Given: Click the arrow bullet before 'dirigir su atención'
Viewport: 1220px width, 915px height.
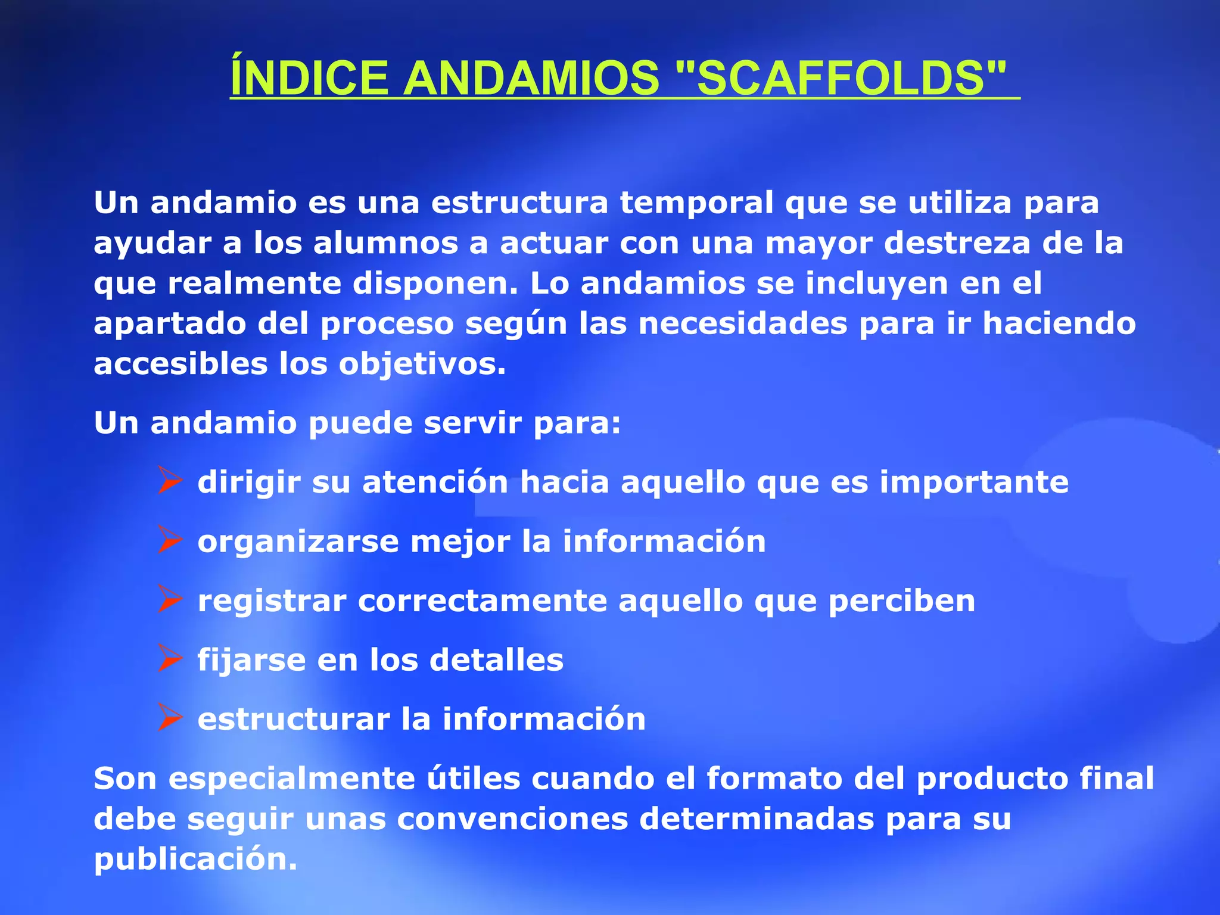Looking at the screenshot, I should point(170,481).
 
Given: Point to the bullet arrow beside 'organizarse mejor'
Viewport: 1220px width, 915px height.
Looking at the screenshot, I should point(170,540).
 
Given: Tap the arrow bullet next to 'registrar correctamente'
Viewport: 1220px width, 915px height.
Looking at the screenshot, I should point(170,600).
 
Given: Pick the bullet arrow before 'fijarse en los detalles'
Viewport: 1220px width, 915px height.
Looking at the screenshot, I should point(170,659).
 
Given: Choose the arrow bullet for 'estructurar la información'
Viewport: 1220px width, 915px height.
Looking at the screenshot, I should point(170,718).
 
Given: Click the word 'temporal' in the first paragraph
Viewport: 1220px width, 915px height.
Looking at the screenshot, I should point(696,203).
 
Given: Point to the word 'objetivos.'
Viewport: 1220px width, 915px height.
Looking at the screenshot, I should point(422,364).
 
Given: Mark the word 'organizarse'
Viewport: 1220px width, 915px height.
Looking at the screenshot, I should point(298,541).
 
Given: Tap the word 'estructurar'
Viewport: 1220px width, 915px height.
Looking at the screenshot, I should point(293,719).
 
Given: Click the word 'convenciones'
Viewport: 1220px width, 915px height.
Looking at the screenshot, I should point(512,818).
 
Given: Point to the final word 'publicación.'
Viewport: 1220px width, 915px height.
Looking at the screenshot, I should point(195,859).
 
